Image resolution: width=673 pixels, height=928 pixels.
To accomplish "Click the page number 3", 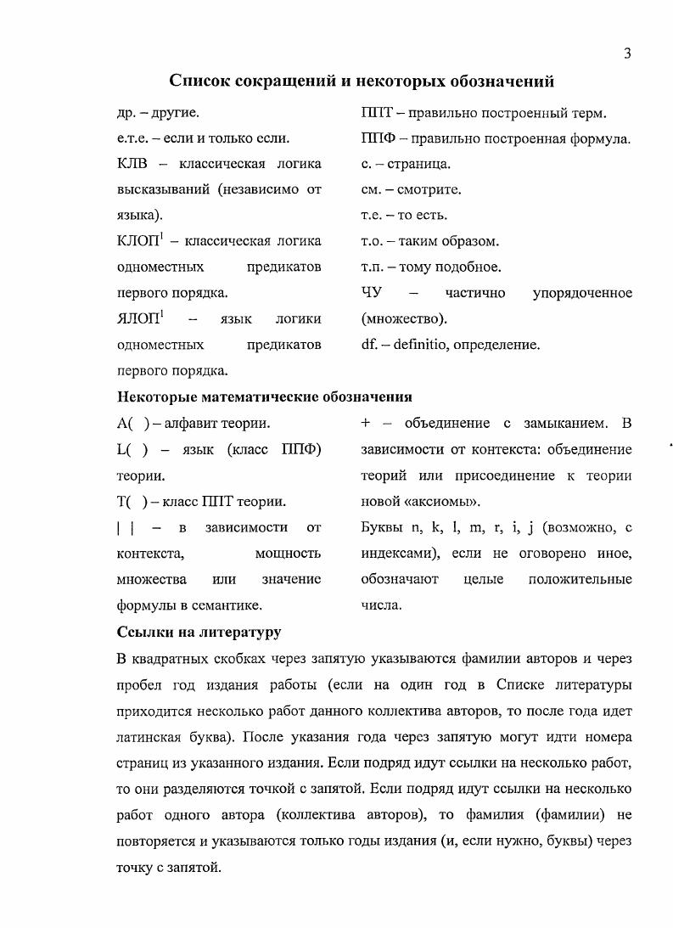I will (626, 54).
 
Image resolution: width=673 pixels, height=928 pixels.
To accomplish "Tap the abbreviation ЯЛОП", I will (135, 319).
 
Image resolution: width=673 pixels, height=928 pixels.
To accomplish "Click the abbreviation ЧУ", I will (372, 293).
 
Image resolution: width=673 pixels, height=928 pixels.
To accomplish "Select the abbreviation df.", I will (368, 346).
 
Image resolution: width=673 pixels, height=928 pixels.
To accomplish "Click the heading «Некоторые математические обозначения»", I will (264, 397).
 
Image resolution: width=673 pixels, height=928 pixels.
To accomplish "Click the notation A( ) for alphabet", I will (132, 423).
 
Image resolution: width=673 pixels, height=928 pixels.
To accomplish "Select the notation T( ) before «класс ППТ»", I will (132, 501).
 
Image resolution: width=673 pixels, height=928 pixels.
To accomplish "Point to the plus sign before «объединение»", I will (366, 423).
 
